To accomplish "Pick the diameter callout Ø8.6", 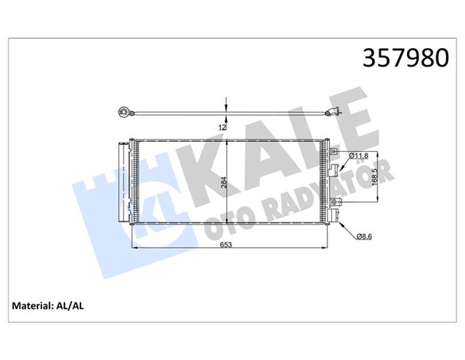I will [365, 234].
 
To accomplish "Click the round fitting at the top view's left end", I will [124, 112].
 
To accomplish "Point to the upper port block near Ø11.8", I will [335, 170].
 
